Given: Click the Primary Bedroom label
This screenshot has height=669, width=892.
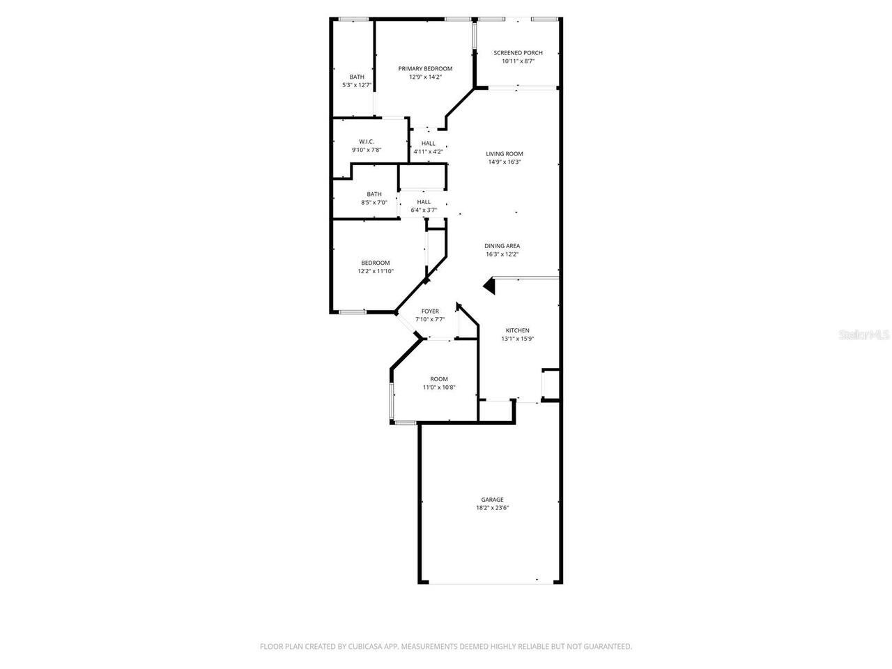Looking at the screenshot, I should click(x=425, y=68).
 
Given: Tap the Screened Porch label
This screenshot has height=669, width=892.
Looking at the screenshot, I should click(x=518, y=53).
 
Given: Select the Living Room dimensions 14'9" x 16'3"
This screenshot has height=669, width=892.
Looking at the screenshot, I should click(x=505, y=162).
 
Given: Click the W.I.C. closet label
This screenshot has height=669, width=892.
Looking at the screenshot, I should click(x=367, y=141).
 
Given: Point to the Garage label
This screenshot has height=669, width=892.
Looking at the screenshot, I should click(x=492, y=500).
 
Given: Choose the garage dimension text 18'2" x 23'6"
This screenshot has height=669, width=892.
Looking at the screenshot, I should click(x=492, y=509).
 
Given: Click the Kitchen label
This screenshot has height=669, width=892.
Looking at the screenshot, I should click(x=517, y=330).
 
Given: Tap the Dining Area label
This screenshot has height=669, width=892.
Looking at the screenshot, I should click(x=502, y=246).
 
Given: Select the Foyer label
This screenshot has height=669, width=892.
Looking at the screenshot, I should click(x=430, y=312).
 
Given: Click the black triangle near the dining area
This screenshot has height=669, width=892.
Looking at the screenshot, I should click(x=489, y=286).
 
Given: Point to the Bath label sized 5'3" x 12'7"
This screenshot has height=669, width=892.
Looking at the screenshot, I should click(x=357, y=77).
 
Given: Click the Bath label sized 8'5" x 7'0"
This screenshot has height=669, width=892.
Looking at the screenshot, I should click(x=374, y=194).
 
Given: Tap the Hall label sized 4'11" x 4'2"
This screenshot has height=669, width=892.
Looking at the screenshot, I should click(x=428, y=144).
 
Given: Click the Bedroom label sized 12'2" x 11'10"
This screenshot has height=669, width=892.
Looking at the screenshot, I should click(x=376, y=263).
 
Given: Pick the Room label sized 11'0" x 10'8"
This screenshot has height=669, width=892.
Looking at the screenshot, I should click(x=439, y=379).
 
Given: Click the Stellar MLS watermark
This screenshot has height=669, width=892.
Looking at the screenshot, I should click(x=864, y=335).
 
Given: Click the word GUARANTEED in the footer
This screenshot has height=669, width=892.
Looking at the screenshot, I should click(x=608, y=647).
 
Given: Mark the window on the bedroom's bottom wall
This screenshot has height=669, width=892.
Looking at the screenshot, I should click(x=353, y=312).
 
